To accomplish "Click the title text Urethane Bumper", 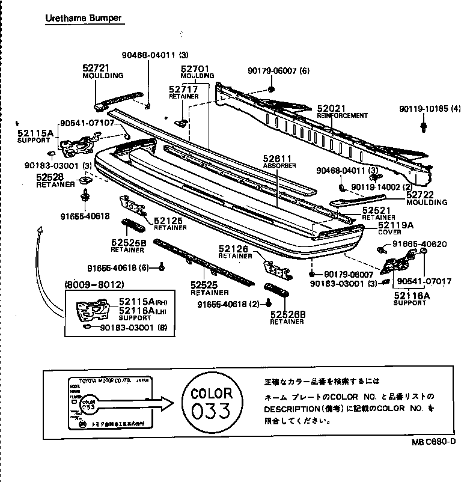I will (84, 18).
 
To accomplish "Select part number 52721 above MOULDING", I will (96, 69).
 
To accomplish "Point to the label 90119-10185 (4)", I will (430, 109).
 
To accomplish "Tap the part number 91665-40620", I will (420, 243).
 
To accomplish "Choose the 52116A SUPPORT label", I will (412, 295).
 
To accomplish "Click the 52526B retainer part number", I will (288, 314).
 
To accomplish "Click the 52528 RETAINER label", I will (50, 177).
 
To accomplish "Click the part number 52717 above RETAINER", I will (183, 89).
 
